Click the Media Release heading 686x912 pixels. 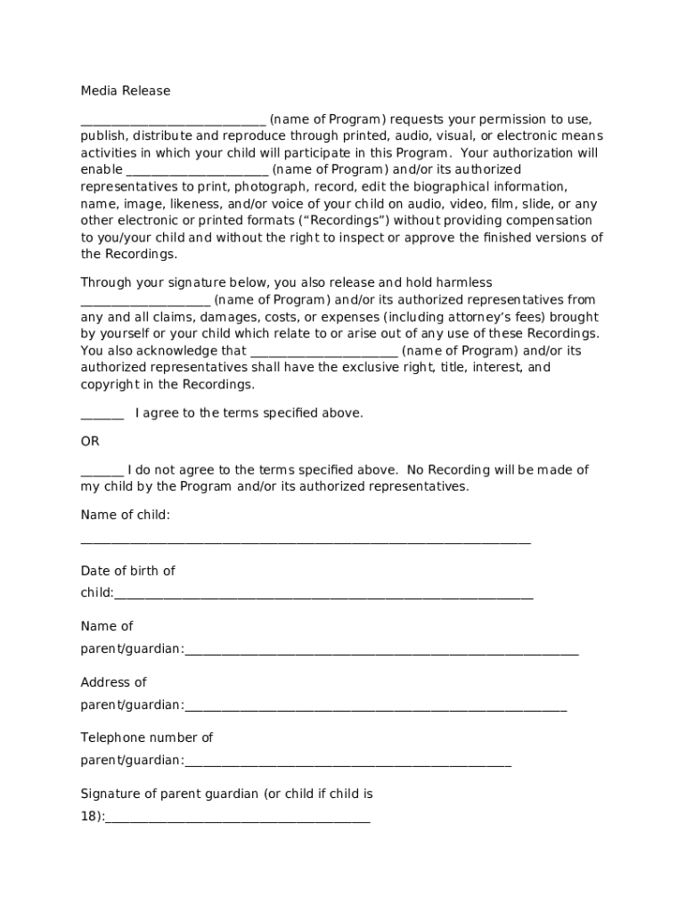pyautogui.click(x=125, y=91)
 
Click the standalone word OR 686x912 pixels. pyautogui.click(x=90, y=442)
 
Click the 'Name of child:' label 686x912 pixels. pyautogui.click(x=125, y=515)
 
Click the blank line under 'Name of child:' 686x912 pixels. pyautogui.click(x=306, y=541)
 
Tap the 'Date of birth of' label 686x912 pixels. pyautogui.click(x=127, y=571)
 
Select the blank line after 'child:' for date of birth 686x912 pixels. pyautogui.click(x=323, y=597)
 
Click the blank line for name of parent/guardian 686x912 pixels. pyautogui.click(x=381, y=653)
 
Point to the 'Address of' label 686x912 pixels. pyautogui.click(x=113, y=682)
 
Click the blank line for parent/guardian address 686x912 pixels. pyautogui.click(x=375, y=709)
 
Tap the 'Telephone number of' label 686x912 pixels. pyautogui.click(x=147, y=737)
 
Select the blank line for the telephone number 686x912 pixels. pyautogui.click(x=347, y=764)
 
